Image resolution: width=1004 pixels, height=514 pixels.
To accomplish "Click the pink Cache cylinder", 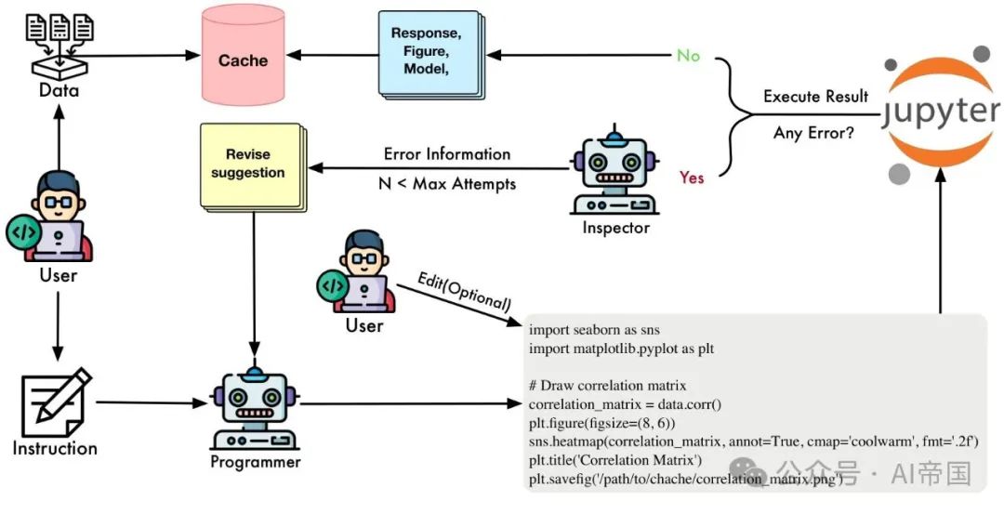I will point(244,59).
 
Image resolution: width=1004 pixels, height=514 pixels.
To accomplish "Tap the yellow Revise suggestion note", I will point(248,164).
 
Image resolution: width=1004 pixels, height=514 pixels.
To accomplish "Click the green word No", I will point(689,56).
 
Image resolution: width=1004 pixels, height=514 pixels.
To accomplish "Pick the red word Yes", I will point(692,178).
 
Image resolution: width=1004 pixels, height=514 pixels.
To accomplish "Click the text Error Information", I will point(447,154).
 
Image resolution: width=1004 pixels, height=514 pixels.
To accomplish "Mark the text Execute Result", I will point(815,97).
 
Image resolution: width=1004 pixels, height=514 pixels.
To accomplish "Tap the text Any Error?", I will point(814,134).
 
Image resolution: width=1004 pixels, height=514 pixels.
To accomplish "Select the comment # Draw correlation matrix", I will point(608,386).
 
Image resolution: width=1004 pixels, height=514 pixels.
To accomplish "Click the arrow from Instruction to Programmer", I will point(149,403).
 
